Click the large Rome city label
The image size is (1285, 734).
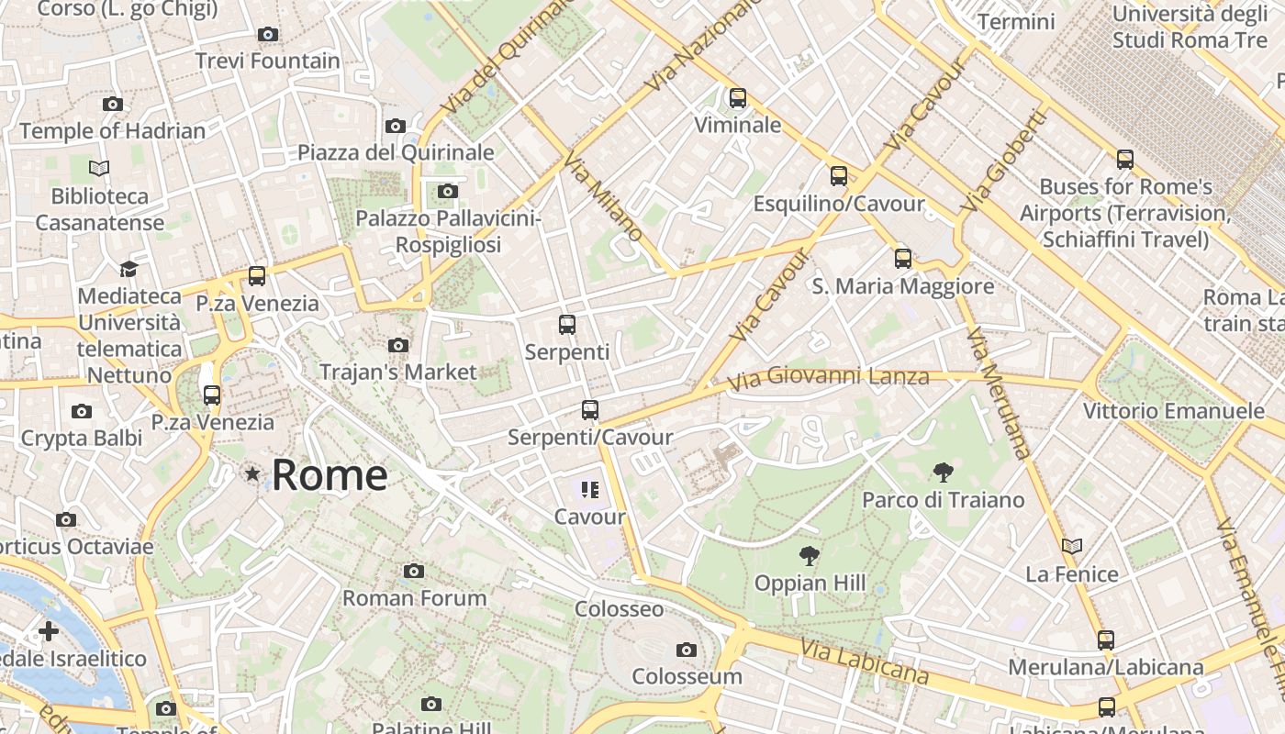click(330, 475)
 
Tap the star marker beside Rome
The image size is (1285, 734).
click(252, 473)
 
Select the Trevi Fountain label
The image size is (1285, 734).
click(268, 61)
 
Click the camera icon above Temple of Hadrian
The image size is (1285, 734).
click(113, 104)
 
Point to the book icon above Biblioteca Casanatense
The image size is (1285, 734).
click(99, 168)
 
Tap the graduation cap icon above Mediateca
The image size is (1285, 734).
click(128, 269)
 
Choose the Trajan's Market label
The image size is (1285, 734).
click(398, 372)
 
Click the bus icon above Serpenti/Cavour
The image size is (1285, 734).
click(590, 410)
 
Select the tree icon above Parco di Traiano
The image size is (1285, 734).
click(943, 473)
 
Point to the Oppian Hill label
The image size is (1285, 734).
click(810, 583)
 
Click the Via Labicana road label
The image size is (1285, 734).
click(864, 662)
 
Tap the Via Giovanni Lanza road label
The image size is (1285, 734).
click(829, 376)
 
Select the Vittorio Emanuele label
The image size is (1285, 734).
click(1174, 410)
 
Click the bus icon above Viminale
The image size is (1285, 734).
click(738, 98)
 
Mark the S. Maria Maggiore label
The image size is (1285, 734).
click(903, 286)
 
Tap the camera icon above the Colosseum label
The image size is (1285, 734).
click(686, 650)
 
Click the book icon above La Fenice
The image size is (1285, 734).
click(1072, 546)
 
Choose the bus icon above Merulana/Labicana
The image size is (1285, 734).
click(1106, 639)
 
